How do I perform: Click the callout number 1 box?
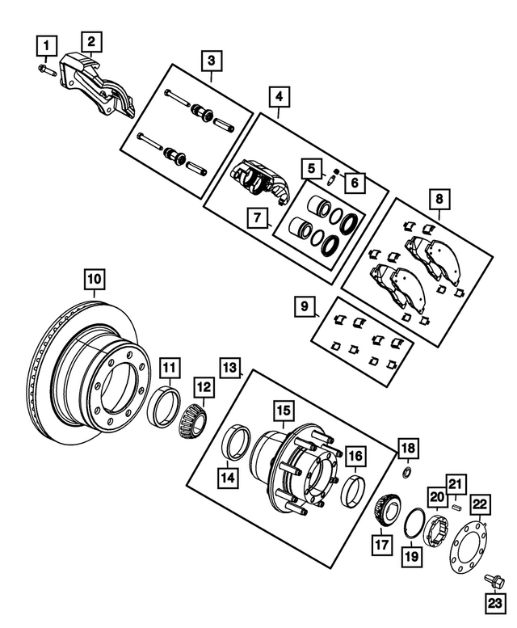tap(49, 44)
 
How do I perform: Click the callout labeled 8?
tap(439, 199)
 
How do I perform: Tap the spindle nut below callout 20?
tap(438, 530)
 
